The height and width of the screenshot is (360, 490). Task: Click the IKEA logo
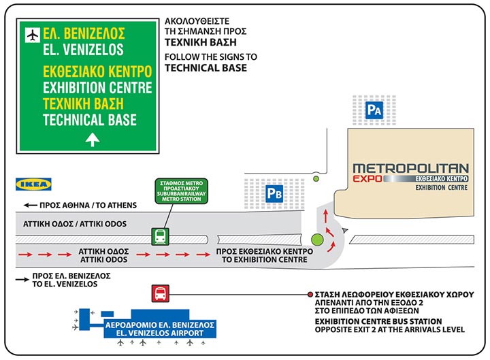33,184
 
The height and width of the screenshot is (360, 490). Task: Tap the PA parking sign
373,110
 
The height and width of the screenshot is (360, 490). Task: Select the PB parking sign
273,194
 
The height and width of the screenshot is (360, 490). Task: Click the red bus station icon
159,293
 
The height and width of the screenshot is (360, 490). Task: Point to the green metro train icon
160,236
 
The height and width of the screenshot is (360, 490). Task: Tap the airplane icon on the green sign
31,33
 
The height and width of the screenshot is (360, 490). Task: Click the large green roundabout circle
317,240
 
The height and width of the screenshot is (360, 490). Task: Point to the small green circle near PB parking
315,180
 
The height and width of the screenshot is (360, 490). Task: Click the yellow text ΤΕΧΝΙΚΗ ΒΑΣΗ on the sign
82,104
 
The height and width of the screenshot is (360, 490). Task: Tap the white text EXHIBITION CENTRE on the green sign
97,88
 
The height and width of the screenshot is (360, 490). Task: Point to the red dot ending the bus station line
310,294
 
